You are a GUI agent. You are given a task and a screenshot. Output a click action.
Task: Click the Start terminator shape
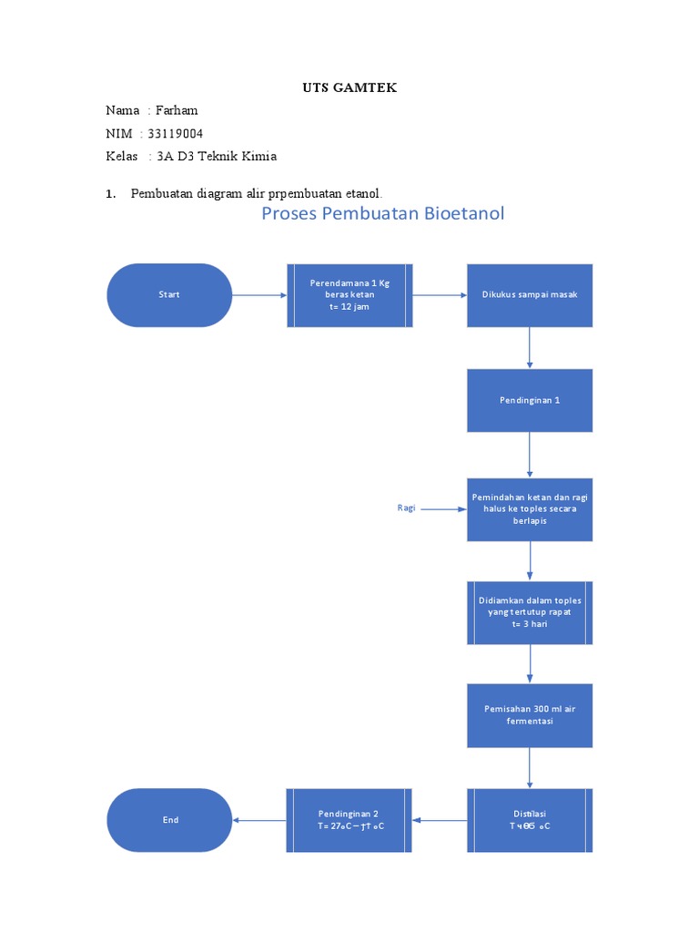click(x=169, y=295)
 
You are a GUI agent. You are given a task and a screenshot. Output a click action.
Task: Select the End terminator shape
click(x=169, y=820)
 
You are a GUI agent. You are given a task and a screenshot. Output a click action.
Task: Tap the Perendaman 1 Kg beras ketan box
click(x=349, y=295)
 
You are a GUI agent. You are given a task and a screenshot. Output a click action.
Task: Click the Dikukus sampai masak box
click(x=530, y=295)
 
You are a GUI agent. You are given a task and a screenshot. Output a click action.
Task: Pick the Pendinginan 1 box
click(x=530, y=400)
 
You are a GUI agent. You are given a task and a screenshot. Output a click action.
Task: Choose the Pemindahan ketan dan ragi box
click(x=530, y=509)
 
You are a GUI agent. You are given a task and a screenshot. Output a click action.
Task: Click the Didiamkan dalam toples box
click(x=530, y=613)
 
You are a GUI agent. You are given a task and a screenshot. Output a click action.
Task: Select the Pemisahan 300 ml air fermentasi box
click(x=530, y=715)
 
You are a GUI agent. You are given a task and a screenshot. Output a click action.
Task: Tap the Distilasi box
click(x=530, y=820)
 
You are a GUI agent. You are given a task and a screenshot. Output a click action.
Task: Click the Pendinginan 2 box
click(x=349, y=820)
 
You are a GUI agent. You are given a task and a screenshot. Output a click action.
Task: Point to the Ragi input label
click(x=406, y=508)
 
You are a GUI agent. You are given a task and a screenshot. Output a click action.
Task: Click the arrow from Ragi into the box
click(x=443, y=509)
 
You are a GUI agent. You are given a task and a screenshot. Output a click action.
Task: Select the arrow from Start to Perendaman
click(x=259, y=295)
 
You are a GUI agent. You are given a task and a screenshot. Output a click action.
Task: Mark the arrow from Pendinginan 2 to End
click(x=259, y=820)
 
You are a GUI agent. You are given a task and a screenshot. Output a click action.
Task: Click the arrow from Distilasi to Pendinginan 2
click(x=440, y=820)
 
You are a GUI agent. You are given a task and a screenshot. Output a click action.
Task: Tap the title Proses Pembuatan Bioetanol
click(x=382, y=214)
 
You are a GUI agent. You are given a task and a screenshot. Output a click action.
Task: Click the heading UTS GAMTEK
click(x=349, y=87)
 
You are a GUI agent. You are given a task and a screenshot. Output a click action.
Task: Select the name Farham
click(x=177, y=110)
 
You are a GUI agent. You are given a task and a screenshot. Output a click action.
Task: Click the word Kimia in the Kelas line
click(x=258, y=156)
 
